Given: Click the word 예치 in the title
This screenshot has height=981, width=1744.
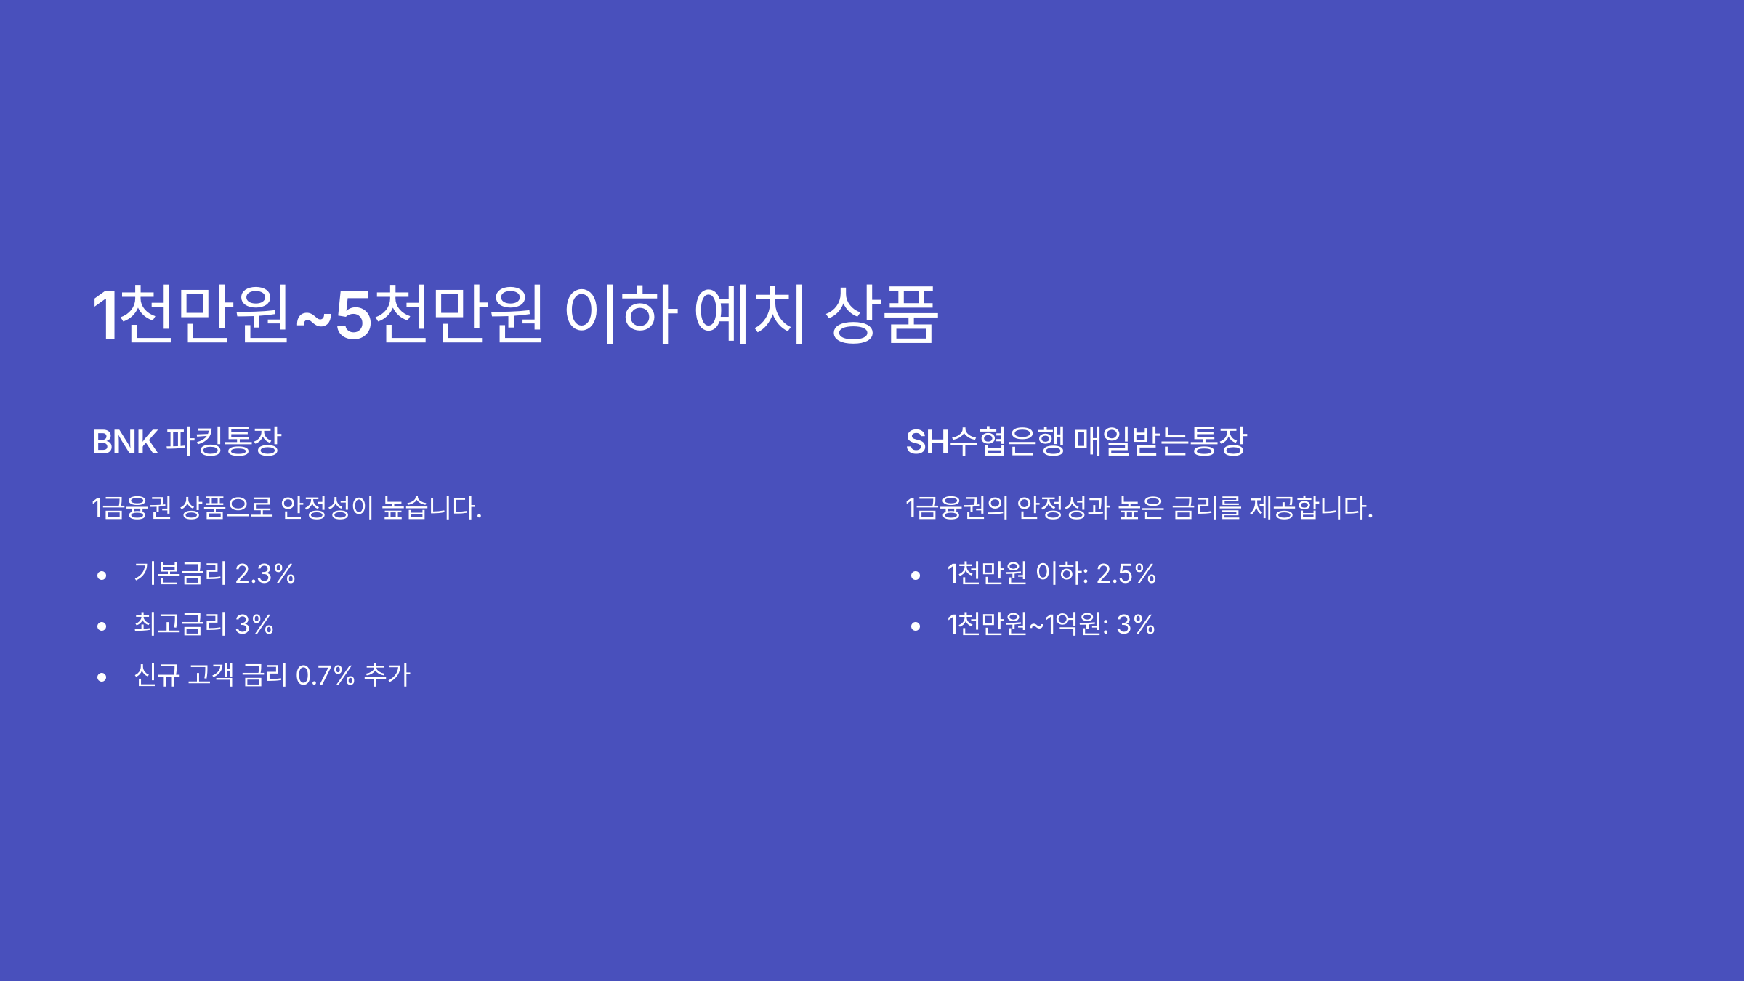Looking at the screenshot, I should click(750, 315).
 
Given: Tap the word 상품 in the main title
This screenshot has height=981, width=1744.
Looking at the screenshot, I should click(881, 315).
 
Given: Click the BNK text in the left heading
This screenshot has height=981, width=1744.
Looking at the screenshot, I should click(124, 442).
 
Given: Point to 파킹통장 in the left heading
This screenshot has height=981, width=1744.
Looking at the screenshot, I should click(223, 441).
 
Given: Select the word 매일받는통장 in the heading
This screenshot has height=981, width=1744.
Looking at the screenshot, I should click(1160, 441).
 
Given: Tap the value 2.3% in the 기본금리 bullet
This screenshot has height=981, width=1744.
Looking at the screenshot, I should click(265, 574).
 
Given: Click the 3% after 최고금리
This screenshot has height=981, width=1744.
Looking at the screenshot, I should click(254, 625).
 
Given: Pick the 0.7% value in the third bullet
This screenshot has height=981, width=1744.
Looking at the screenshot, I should click(325, 676).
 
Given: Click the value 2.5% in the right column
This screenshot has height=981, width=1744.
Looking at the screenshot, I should click(1126, 574).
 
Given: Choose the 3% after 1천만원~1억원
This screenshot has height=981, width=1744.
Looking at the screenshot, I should click(1135, 625).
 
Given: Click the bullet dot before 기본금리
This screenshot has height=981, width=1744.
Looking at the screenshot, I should click(102, 576).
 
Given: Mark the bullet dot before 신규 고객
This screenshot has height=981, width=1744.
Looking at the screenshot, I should click(102, 677).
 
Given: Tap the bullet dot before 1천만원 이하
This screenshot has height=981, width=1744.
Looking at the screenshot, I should click(916, 576).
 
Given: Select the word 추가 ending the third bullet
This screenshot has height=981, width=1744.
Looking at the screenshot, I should click(387, 675).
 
